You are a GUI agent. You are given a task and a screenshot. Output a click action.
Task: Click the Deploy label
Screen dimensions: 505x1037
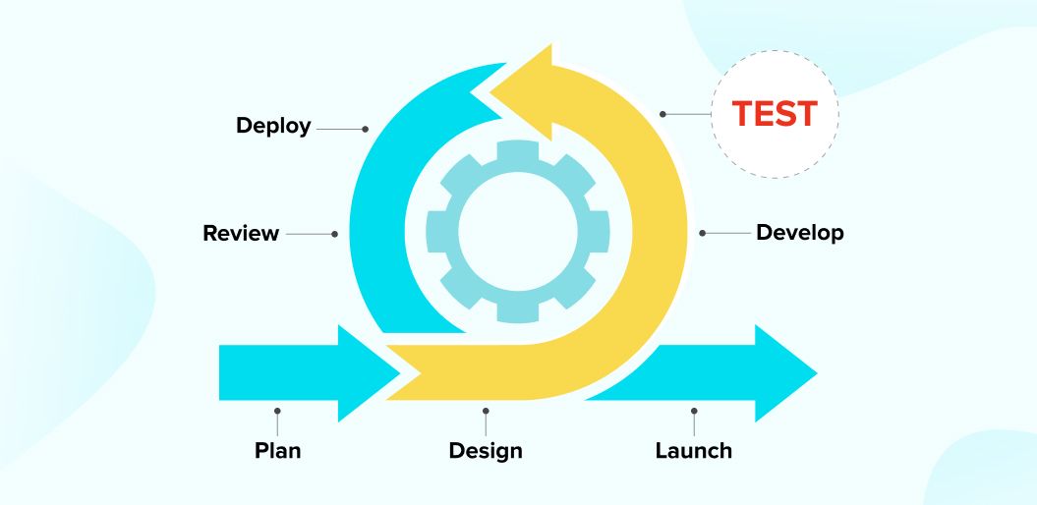273,126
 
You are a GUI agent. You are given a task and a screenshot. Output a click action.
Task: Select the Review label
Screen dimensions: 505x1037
241,234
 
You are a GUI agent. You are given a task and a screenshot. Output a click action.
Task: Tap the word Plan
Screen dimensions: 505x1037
277,451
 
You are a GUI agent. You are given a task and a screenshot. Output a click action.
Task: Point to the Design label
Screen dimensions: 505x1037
486,451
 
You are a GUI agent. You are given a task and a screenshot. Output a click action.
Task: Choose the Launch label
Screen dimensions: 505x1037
693,451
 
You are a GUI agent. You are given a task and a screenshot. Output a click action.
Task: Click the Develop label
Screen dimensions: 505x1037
799,233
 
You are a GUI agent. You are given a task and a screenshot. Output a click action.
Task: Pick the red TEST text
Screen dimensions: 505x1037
775,114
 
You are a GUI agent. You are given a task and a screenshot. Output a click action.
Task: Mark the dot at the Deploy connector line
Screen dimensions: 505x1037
366,129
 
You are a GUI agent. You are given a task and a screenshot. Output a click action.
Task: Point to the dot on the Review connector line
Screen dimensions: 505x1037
335,234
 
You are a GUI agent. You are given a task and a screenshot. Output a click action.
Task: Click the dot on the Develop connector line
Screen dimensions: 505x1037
703,233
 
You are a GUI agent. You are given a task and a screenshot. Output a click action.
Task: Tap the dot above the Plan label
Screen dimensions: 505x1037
277,411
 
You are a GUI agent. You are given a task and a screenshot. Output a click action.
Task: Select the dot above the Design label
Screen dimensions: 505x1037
486,411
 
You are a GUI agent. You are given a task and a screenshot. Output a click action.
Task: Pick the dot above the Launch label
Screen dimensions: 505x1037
694,411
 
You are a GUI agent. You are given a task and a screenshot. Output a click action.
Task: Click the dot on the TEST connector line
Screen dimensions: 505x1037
663,114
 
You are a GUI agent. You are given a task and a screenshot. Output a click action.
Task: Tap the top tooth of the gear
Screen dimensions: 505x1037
517,151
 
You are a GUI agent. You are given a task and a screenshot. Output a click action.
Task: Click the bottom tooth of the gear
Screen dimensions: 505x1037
517,311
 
